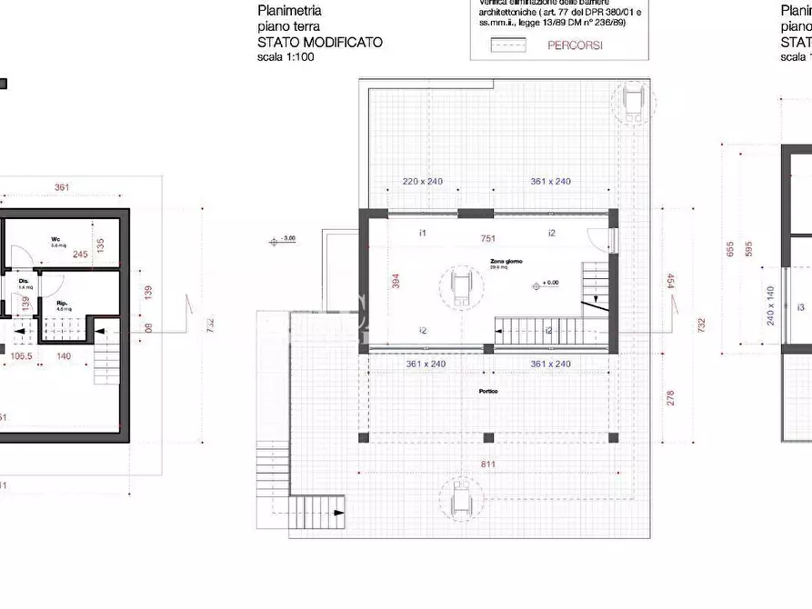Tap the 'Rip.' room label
(62, 304)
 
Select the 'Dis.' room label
(24, 281)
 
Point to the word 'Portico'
(489, 391)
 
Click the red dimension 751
(488, 238)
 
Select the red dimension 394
(396, 283)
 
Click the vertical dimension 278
(670, 396)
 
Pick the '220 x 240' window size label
(422, 182)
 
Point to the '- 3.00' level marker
(286, 239)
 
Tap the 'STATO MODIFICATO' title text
(319, 42)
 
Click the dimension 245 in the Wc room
(80, 255)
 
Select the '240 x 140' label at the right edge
(770, 304)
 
